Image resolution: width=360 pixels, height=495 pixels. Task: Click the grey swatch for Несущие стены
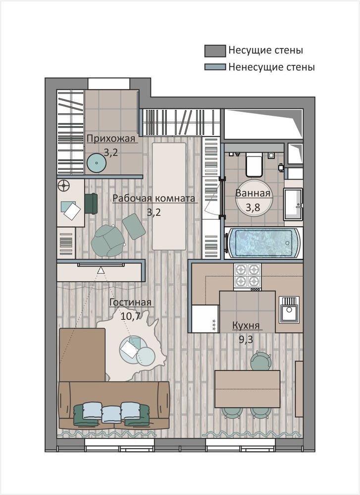point(215,51)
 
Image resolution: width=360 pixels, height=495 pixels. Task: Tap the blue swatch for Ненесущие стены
point(215,67)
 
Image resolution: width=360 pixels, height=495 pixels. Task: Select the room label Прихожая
point(111,139)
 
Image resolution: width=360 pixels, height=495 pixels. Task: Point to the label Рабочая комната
point(154,198)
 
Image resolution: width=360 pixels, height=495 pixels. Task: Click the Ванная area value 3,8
point(253,207)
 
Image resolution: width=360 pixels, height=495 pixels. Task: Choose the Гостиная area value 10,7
point(130,316)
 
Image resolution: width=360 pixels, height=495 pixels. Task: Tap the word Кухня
point(246,325)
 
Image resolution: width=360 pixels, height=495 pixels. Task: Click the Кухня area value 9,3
point(246,340)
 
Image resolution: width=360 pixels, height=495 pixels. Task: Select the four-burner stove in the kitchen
point(247,277)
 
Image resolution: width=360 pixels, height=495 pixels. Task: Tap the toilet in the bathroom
point(254,164)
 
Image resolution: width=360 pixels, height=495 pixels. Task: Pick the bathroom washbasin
point(293,204)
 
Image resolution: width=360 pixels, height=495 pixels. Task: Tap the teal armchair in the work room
point(106,240)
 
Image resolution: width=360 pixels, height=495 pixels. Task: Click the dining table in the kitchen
point(247,389)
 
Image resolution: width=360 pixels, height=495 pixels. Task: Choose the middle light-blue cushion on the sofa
point(111,414)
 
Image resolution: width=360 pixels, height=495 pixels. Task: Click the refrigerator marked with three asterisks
point(206,318)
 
